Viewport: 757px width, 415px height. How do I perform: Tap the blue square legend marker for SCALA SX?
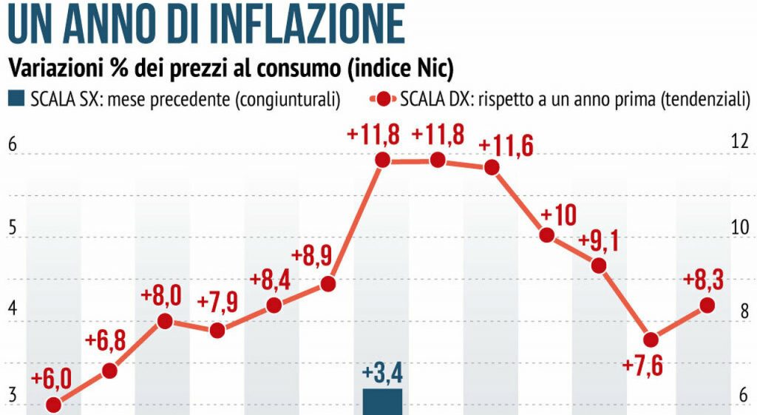click(16, 98)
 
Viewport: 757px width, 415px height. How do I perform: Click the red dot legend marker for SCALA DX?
click(383, 98)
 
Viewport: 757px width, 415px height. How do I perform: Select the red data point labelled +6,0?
click(53, 405)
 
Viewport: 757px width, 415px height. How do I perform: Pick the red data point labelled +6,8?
click(109, 371)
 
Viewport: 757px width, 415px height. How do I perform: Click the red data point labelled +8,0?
click(165, 321)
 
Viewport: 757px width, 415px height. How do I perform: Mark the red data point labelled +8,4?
click(274, 306)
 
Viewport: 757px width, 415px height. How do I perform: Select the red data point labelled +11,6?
click(492, 167)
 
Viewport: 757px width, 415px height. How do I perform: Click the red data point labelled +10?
click(547, 235)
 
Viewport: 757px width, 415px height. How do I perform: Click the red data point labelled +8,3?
click(707, 305)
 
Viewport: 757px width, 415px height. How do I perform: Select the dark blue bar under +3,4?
click(383, 402)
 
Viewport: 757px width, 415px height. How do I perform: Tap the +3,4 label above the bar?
click(383, 372)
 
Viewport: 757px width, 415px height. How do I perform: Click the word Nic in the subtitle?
click(427, 69)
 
